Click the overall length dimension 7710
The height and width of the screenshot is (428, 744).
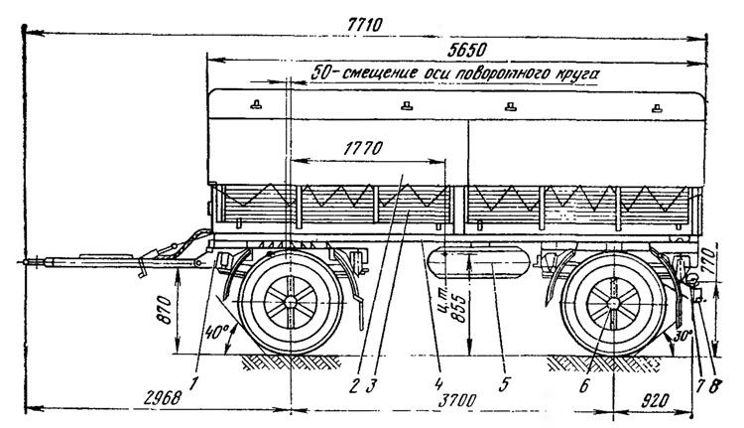pyautogui.click(x=364, y=24)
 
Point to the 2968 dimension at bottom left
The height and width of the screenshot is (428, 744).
pyautogui.click(x=162, y=398)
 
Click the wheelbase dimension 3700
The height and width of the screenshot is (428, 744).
pyautogui.click(x=457, y=400)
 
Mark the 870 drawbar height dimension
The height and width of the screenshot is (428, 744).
pyautogui.click(x=164, y=310)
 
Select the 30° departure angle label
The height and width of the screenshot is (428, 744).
pyautogui.click(x=683, y=337)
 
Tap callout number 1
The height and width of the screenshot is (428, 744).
pyautogui.click(x=192, y=383)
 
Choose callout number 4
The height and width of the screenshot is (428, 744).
pyautogui.click(x=439, y=383)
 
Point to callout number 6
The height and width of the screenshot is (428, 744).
pyautogui.click(x=584, y=384)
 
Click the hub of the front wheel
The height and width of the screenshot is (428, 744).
pyautogui.click(x=290, y=302)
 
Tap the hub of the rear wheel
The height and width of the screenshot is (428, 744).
pyautogui.click(x=613, y=303)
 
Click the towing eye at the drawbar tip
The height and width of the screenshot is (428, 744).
pyautogui.click(x=27, y=262)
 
